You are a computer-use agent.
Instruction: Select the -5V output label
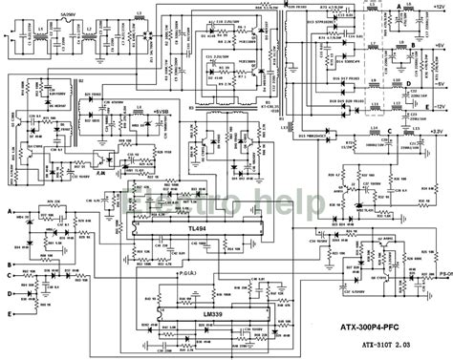point(437,84)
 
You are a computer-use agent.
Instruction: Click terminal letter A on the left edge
point(10,208)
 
